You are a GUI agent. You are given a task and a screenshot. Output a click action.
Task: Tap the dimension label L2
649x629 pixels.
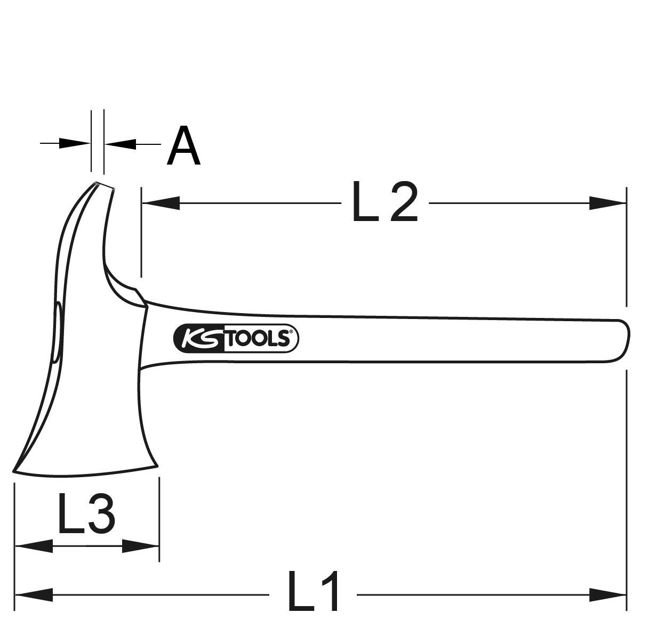pos(385,203)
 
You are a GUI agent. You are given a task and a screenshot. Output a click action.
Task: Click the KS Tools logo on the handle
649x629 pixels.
pos(236,338)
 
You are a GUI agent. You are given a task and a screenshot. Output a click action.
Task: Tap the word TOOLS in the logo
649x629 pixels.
pos(259,339)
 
